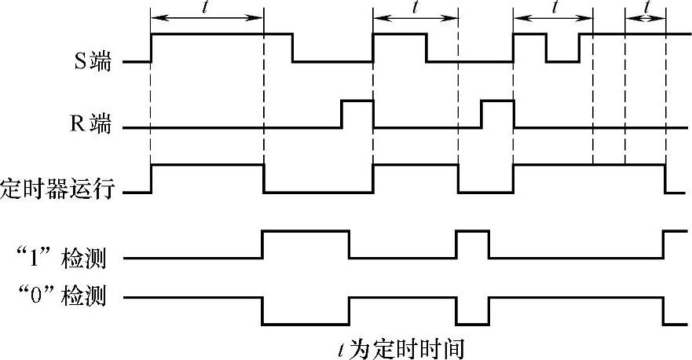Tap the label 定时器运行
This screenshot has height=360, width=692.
tap(62, 189)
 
